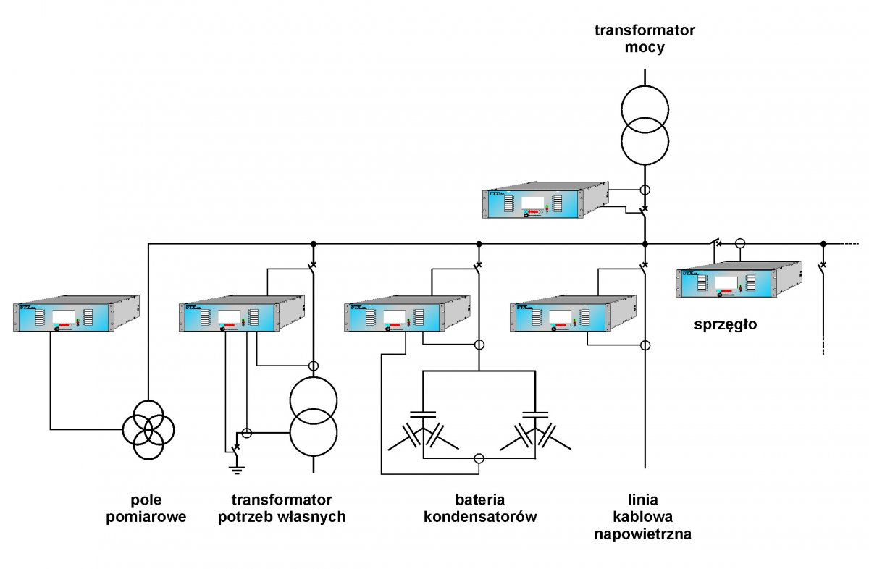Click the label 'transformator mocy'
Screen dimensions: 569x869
click(644, 39)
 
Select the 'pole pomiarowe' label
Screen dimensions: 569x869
click(147, 508)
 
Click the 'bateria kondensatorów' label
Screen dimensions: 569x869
click(479, 508)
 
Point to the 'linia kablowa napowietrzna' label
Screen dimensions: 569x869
click(643, 517)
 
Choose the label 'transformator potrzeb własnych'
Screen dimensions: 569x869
click(282, 508)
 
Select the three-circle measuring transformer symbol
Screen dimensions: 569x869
click(148, 430)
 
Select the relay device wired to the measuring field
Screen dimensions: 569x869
click(76, 313)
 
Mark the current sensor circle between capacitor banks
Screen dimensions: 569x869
click(478, 458)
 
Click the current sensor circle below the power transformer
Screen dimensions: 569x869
click(644, 190)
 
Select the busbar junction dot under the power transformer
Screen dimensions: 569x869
click(644, 244)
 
